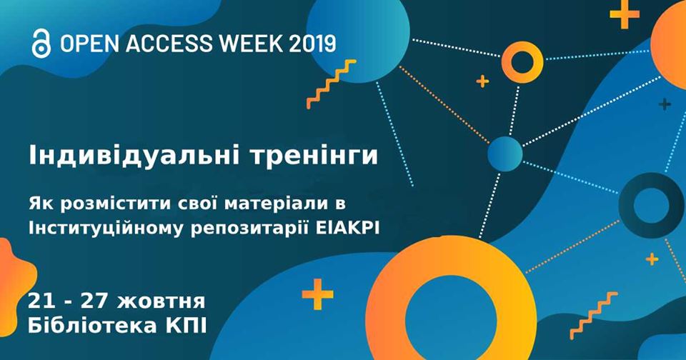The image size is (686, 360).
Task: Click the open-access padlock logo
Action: (41, 44)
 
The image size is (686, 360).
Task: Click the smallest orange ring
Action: (522, 46)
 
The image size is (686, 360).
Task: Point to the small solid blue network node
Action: (505, 154)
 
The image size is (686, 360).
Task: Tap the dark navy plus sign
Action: (665, 104)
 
